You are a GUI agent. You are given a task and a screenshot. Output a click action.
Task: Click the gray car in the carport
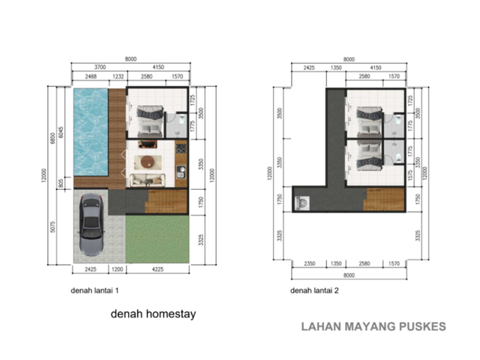(x=91, y=224)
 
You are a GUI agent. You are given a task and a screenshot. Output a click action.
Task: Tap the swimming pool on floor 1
(x=91, y=132)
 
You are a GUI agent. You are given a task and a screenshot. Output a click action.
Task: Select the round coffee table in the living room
(x=148, y=162)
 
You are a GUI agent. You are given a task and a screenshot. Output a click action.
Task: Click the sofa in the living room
(x=148, y=180)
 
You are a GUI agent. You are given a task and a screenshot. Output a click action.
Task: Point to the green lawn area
(x=157, y=239)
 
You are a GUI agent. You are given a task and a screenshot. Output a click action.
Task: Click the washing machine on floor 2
(x=302, y=203)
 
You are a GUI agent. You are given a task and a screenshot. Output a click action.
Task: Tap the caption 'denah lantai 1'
(x=94, y=290)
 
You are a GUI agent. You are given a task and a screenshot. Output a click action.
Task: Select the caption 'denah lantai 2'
(x=314, y=290)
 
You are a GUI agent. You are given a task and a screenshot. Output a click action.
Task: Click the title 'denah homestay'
(x=153, y=314)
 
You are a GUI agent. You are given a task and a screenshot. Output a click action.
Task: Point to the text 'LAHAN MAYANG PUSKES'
(x=373, y=327)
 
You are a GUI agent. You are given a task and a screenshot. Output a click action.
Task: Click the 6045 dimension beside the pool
(x=61, y=132)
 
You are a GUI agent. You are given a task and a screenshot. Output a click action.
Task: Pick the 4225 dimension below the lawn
(x=157, y=269)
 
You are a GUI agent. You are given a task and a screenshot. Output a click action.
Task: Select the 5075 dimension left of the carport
(x=52, y=226)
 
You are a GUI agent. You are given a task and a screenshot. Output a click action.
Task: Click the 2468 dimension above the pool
(x=91, y=76)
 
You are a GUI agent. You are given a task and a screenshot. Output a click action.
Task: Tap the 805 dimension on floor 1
(x=61, y=183)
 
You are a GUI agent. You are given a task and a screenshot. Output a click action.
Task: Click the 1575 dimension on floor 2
(x=410, y=175)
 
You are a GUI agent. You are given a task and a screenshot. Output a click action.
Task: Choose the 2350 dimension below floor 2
(x=310, y=263)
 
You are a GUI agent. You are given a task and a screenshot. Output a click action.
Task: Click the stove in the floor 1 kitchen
(x=181, y=148)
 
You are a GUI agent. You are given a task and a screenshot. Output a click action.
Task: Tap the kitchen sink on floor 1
(x=181, y=172)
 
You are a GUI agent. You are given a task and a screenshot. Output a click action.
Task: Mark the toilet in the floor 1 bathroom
(x=181, y=119)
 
